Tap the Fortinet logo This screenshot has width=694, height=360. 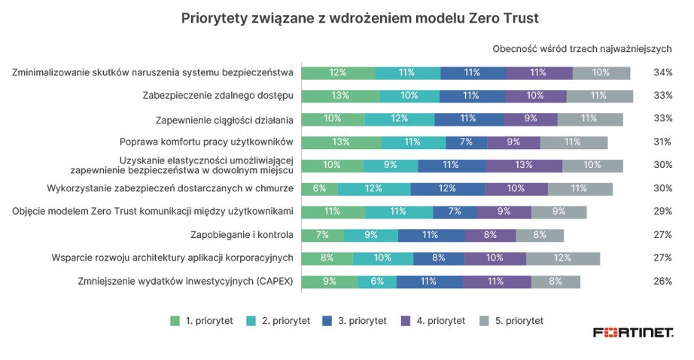[633, 332]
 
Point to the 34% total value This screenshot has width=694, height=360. [662, 73]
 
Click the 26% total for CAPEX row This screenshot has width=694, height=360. [662, 282]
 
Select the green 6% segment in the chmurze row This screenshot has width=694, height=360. [320, 188]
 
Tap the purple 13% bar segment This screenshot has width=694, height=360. [524, 165]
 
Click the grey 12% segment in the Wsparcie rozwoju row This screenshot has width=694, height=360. [562, 258]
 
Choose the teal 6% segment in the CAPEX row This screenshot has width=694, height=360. [377, 282]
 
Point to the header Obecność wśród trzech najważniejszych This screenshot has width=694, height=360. [582, 49]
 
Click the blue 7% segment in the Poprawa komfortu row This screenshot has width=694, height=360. [466, 142]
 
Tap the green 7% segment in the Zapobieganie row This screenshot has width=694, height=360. [323, 235]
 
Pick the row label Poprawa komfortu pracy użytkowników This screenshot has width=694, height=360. [205, 142]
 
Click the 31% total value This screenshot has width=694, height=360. [662, 142]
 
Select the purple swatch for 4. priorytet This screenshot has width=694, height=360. [409, 320]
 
